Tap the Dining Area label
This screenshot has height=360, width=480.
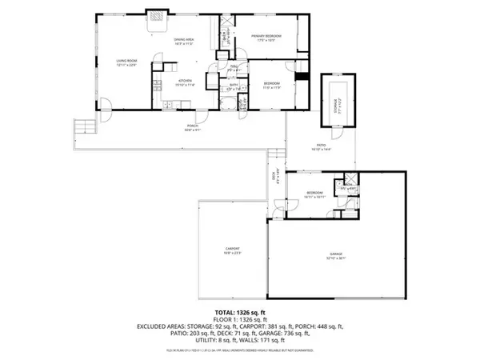pyautogui.click(x=186, y=42)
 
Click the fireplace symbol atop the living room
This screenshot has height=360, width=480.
pyautogui.click(x=155, y=15)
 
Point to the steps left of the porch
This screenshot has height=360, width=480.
pyautogui.click(x=83, y=127)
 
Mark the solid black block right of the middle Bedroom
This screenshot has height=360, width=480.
pyautogui.click(x=302, y=78)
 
